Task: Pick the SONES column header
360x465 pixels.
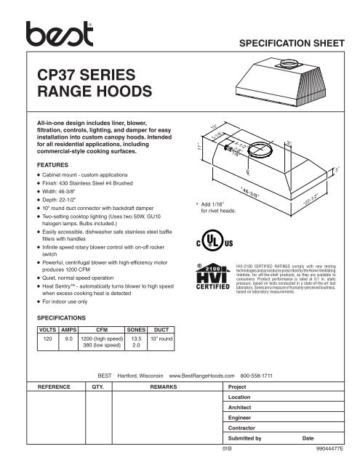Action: click(135, 329)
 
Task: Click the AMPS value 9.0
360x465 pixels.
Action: click(69, 338)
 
